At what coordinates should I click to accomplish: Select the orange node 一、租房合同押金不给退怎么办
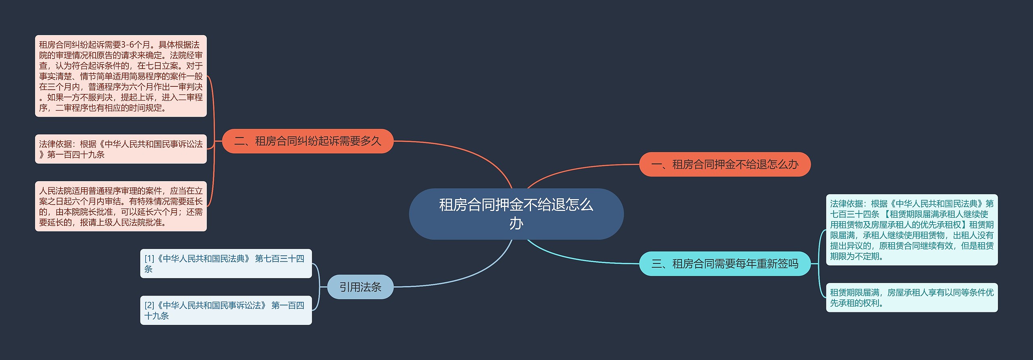[724, 164]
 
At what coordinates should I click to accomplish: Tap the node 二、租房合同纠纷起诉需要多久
[307, 141]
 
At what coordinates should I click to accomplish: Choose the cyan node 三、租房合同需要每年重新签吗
[724, 264]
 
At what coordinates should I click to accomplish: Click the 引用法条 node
[360, 287]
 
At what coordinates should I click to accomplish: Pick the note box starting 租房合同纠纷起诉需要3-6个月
[121, 76]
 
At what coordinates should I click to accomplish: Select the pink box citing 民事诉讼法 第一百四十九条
[121, 149]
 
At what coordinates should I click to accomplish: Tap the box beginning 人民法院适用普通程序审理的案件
[121, 206]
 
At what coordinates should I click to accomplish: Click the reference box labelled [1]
[226, 264]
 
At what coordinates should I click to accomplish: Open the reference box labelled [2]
[226, 310]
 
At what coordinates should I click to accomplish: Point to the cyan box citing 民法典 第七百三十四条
[911, 230]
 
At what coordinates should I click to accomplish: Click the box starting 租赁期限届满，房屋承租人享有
[911, 297]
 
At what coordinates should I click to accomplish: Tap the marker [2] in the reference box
[149, 306]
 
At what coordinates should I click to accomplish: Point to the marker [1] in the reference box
[149, 259]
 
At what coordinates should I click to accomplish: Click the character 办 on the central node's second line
[516, 223]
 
